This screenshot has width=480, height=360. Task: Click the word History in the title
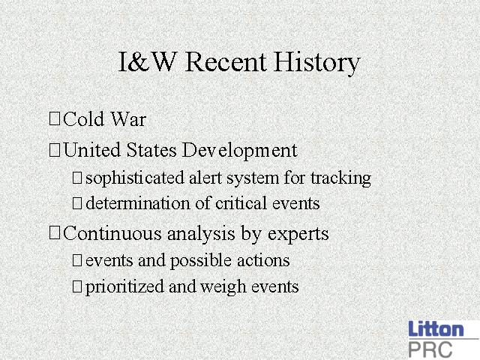click(x=316, y=63)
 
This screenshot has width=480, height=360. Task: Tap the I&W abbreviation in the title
click(x=147, y=61)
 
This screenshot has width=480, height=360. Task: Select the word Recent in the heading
click(x=225, y=62)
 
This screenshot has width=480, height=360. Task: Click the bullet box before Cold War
click(x=55, y=118)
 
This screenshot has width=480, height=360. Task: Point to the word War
click(x=128, y=118)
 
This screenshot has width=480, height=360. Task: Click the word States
click(x=151, y=150)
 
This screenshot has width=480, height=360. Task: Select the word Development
click(x=239, y=151)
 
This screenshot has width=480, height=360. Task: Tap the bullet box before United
click(x=55, y=150)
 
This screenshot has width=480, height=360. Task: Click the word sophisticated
click(x=135, y=178)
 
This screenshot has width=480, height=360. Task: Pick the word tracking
click(x=340, y=178)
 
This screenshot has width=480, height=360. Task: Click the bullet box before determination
click(x=77, y=203)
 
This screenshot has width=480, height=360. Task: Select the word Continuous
click(x=112, y=233)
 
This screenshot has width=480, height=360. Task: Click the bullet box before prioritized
click(x=77, y=286)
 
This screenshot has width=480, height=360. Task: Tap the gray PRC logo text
click(x=430, y=349)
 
